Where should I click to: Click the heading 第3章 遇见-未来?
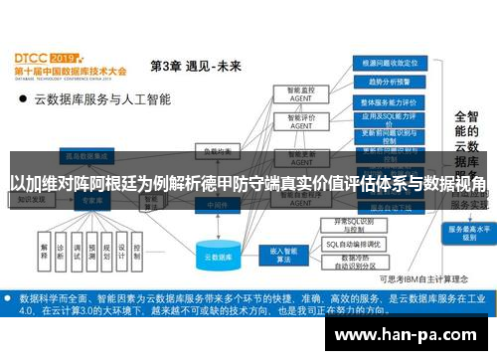[x=195, y=66]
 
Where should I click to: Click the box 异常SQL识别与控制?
[x=354, y=225]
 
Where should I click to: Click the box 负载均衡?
[x=211, y=151]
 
